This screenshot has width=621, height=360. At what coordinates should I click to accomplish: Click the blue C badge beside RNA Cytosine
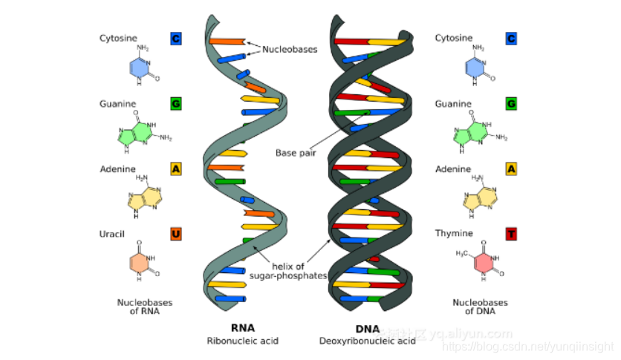coord(175,39)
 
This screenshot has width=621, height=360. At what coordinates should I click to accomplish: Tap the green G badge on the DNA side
coord(511,104)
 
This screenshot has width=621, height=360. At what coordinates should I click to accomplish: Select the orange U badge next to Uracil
coord(175,235)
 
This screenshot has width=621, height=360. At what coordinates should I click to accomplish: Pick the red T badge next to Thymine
coord(511,235)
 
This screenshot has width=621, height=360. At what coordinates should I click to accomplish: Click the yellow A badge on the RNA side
coord(175,169)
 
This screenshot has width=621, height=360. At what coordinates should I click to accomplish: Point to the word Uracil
coord(113,235)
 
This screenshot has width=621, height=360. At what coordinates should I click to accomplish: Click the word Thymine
coord(453,235)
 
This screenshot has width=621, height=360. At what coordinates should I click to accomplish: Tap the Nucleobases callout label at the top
coord(290,50)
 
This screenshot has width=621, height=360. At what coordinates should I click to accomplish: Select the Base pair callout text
coord(296,153)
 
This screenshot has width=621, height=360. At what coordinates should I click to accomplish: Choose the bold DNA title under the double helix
coord(367,329)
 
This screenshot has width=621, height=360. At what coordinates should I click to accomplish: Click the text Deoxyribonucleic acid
coord(368,341)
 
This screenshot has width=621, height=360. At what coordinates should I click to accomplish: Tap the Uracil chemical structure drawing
coord(141,263)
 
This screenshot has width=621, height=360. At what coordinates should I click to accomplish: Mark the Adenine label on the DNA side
coord(453,169)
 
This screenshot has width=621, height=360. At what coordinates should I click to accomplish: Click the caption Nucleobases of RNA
coord(139,307)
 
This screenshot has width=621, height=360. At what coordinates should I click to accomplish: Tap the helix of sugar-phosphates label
coord(297,271)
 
